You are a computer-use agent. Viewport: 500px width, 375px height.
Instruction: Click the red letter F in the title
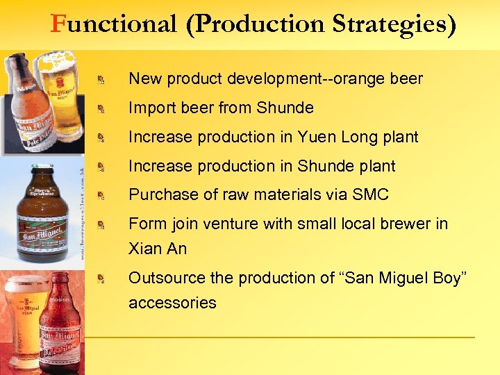pos(58,24)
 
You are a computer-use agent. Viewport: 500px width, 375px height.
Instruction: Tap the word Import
pos(151,108)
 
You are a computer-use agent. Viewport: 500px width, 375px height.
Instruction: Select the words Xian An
pos(157,249)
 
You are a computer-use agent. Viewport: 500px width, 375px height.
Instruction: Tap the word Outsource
pos(165,278)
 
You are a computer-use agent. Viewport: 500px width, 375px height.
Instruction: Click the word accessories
pos(172,303)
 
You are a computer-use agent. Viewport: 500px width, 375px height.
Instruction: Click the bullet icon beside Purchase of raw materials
pos(101,197)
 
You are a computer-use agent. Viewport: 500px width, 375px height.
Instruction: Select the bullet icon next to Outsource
pos(101,280)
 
